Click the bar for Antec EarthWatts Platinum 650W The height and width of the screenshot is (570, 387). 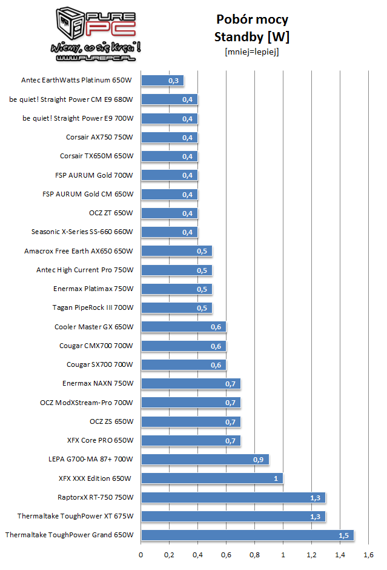click(162, 80)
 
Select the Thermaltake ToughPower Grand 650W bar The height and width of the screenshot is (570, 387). click(247, 535)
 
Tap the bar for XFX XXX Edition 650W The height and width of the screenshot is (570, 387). click(211, 478)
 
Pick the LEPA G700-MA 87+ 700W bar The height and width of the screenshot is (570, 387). click(204, 459)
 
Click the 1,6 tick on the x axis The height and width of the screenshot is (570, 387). click(368, 554)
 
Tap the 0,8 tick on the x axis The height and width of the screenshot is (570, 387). click(254, 554)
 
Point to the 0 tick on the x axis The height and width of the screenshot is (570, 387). click(141, 554)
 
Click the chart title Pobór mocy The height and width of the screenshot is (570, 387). click(252, 19)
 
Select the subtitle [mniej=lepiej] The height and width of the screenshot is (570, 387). click(252, 52)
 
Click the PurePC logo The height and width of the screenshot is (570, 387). click(97, 33)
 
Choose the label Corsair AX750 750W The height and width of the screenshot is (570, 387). click(99, 137)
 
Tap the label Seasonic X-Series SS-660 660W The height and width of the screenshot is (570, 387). click(82, 232)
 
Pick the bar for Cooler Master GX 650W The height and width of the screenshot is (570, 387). click(183, 326)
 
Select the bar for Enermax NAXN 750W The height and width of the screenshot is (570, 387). click(190, 383)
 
